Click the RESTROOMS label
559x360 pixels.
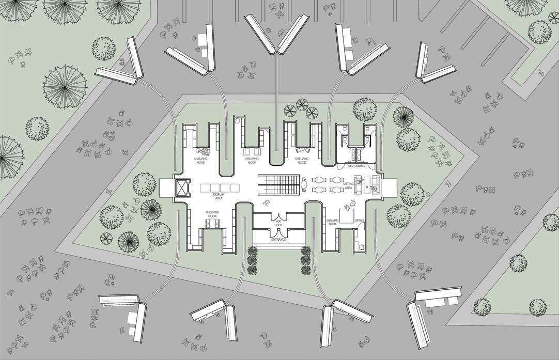point(356,166)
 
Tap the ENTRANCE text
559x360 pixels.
point(278,240)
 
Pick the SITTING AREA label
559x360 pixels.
point(348,186)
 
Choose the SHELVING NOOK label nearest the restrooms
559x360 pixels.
point(302,160)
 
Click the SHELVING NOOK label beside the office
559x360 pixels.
point(332,222)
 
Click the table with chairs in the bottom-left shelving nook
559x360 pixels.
point(211,223)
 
